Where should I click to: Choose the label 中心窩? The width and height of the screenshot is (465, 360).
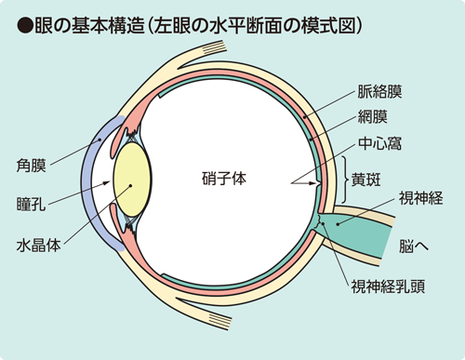(380, 146)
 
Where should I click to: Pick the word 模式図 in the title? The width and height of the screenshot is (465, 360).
(336, 20)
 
